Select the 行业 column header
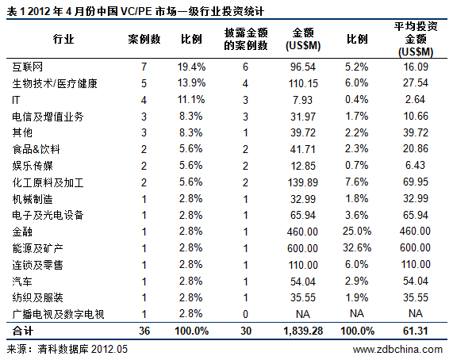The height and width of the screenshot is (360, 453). [x=64, y=39]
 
